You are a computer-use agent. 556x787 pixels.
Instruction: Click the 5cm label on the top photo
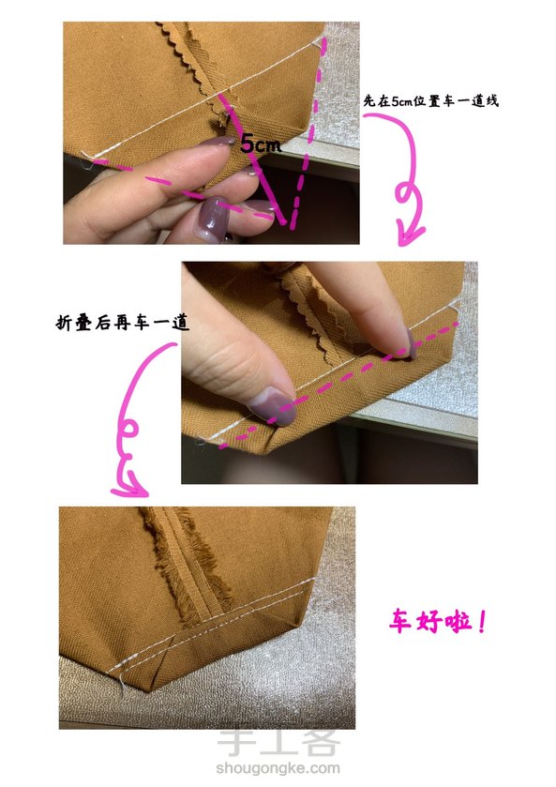click(261, 144)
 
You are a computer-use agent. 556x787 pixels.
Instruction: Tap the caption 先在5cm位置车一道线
click(431, 101)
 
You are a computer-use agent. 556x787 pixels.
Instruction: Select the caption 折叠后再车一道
click(123, 323)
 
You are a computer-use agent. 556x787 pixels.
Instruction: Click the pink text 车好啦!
click(437, 622)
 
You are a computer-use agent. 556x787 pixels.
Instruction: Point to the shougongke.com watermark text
click(278, 767)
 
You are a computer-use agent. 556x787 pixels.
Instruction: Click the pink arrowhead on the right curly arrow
click(409, 235)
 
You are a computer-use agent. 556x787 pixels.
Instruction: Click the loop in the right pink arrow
click(408, 192)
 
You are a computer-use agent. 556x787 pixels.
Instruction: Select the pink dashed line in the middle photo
click(339, 385)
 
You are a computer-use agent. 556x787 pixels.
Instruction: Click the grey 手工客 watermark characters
click(278, 743)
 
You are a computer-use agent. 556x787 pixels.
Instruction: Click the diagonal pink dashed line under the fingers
click(186, 190)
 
